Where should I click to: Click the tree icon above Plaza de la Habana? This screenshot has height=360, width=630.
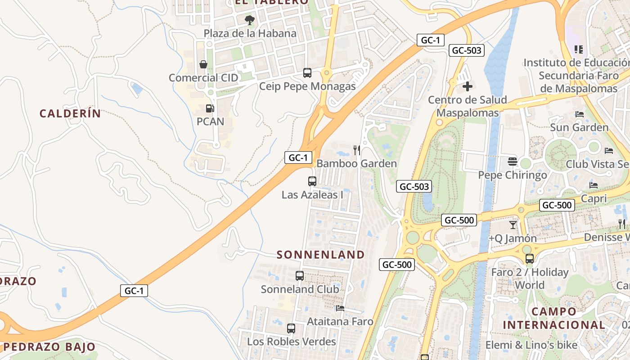[249, 20]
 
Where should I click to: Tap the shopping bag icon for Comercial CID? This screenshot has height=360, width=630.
[203, 64]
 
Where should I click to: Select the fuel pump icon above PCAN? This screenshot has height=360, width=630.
[210, 108]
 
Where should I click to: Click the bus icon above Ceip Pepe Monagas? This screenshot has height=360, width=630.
[307, 72]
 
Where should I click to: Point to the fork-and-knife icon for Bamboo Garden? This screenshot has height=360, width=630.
[357, 150]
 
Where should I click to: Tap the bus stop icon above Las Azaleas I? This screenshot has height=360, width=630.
[312, 181]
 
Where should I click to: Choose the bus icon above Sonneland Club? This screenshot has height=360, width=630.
[300, 275]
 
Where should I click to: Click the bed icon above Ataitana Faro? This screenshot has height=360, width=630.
[340, 308]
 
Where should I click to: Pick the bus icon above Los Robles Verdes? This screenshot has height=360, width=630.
[291, 328]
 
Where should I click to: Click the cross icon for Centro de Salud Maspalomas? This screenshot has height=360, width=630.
[468, 86]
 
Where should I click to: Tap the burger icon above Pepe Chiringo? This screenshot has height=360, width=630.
[512, 161]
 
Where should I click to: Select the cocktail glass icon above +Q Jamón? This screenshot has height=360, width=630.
[513, 225]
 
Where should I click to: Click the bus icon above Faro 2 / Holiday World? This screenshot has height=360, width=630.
[530, 258]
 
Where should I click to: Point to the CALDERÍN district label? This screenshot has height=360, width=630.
[70, 113]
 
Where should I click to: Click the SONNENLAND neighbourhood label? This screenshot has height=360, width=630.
[321, 255]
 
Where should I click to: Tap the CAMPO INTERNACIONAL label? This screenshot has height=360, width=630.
[554, 318]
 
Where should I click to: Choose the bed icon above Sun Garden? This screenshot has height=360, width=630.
[580, 114]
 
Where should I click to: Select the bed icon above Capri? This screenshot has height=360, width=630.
[594, 185]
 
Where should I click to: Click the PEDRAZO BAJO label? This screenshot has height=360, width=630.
[49, 347]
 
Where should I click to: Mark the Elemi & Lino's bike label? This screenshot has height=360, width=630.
[531, 345]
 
